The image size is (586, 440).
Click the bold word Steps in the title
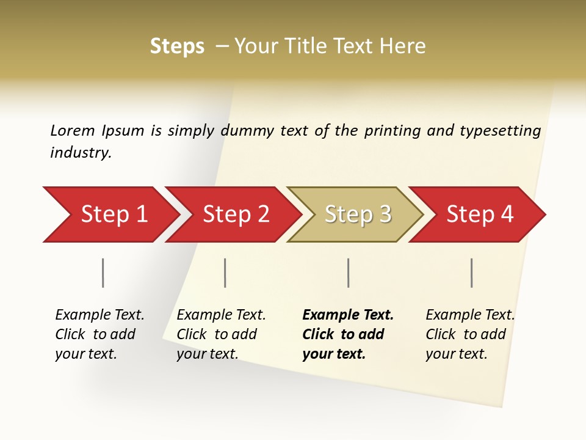coord(177,46)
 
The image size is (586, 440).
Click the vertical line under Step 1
coord(103,273)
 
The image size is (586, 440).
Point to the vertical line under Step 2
coord(225,273)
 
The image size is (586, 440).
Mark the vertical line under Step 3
coord(348,273)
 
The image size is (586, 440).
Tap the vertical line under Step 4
coord(471,273)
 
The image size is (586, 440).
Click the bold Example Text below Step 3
coord(348,315)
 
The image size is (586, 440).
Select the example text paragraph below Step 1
coord(99,334)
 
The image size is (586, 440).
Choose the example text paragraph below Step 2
coord(221,334)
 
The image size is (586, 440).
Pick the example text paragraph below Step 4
coord(470,334)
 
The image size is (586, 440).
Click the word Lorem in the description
coord(73,130)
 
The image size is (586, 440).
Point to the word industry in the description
coord(80,152)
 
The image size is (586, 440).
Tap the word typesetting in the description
coord(500,131)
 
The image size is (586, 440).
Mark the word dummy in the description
coord(248,131)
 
